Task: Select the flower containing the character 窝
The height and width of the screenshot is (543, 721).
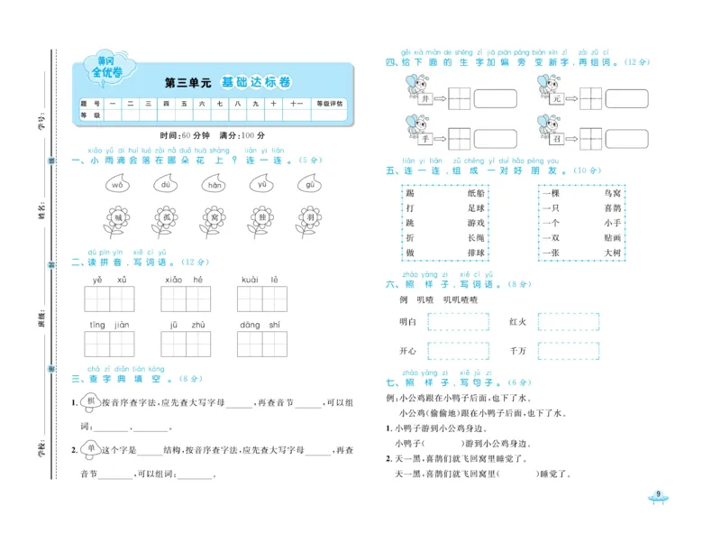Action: (214, 217)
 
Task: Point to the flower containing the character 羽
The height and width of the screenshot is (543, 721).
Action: (310, 217)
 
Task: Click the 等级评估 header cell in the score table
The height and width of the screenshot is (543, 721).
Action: (328, 104)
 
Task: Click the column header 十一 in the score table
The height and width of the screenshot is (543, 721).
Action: (295, 104)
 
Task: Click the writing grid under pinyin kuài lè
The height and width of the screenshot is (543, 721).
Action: (261, 299)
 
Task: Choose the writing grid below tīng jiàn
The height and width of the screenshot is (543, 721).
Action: (110, 344)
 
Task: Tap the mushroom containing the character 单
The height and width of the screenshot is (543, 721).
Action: (89, 448)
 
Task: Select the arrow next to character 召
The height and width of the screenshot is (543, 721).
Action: (570, 140)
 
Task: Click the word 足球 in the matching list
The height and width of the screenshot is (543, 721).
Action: (475, 208)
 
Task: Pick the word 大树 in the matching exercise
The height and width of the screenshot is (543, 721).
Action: (612, 253)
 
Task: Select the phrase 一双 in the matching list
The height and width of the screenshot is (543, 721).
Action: (551, 237)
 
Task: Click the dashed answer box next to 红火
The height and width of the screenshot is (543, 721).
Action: (568, 321)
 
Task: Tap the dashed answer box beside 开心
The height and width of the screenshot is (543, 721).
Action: (458, 350)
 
